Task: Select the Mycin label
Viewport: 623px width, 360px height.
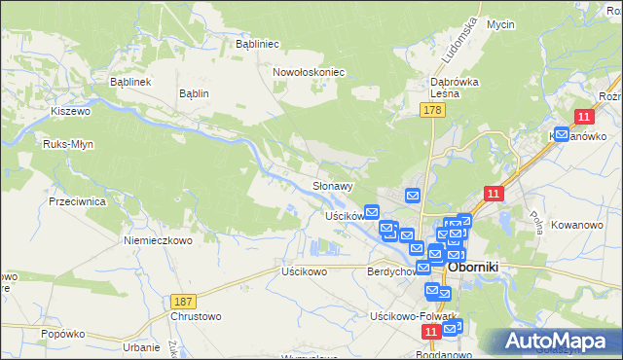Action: (x=500, y=23)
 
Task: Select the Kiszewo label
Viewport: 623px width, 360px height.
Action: (x=70, y=112)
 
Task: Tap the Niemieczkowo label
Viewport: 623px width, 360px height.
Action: (x=158, y=239)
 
